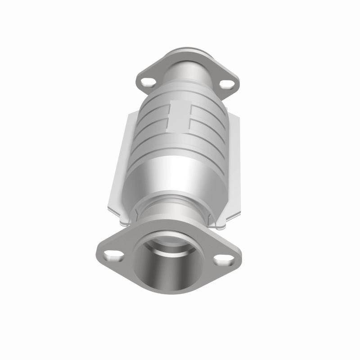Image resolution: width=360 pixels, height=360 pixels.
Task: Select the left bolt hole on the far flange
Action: pyautogui.click(x=147, y=82)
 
